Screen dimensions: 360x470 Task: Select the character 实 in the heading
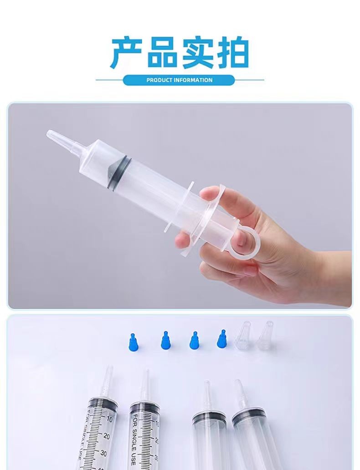click(x=197, y=53)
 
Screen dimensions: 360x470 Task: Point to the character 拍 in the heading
click(x=233, y=53)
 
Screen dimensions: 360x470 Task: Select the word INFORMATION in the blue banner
click(x=193, y=80)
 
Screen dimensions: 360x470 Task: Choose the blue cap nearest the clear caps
click(x=222, y=339)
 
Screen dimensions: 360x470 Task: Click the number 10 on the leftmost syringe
click(x=109, y=419)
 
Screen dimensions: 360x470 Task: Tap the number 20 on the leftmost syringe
click(x=106, y=436)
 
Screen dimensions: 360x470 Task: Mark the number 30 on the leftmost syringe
click(x=103, y=453)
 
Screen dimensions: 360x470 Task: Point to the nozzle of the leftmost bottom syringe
click(x=108, y=382)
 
